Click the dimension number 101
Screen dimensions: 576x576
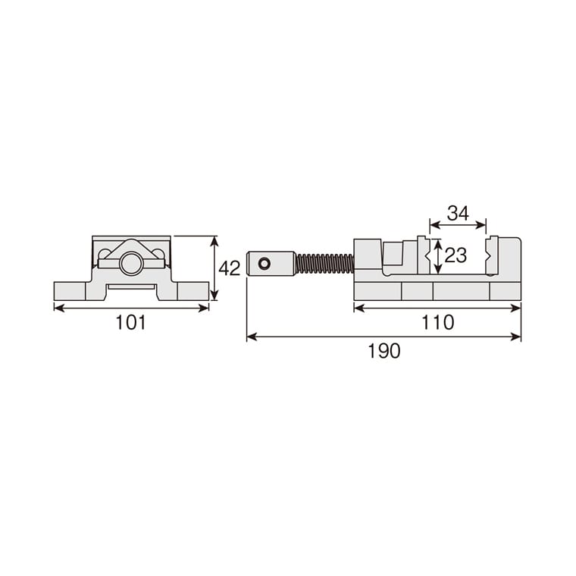[131, 323]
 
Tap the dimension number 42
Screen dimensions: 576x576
[229, 268]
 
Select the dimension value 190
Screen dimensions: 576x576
[384, 351]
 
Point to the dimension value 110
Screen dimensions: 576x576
[437, 323]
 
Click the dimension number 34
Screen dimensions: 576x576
[458, 213]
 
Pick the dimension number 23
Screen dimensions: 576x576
[455, 255]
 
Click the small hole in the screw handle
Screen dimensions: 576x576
[264, 264]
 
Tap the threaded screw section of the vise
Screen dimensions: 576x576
[324, 264]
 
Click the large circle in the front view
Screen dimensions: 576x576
[131, 264]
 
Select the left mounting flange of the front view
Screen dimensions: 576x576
[70, 291]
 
